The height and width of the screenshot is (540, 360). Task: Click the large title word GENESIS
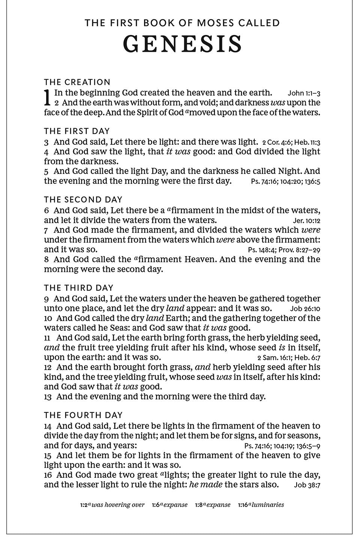tap(183, 44)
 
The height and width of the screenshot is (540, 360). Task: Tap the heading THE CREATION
tap(77, 82)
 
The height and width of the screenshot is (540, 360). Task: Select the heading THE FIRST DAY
tap(77, 131)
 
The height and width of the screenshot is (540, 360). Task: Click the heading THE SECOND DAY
tap(83, 199)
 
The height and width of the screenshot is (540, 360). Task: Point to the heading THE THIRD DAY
tap(79, 288)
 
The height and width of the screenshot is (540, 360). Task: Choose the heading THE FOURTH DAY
tap(83, 415)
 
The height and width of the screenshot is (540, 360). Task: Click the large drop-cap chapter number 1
tap(47, 97)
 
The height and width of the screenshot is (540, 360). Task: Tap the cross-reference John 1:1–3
tap(304, 93)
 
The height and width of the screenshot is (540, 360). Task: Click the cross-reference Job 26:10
tap(305, 309)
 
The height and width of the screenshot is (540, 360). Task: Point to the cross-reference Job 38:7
tap(307, 485)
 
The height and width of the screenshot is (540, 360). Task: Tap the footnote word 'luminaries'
tap(268, 505)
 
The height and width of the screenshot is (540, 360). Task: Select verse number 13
tap(47, 397)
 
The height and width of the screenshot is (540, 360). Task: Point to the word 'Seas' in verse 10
tap(108, 328)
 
